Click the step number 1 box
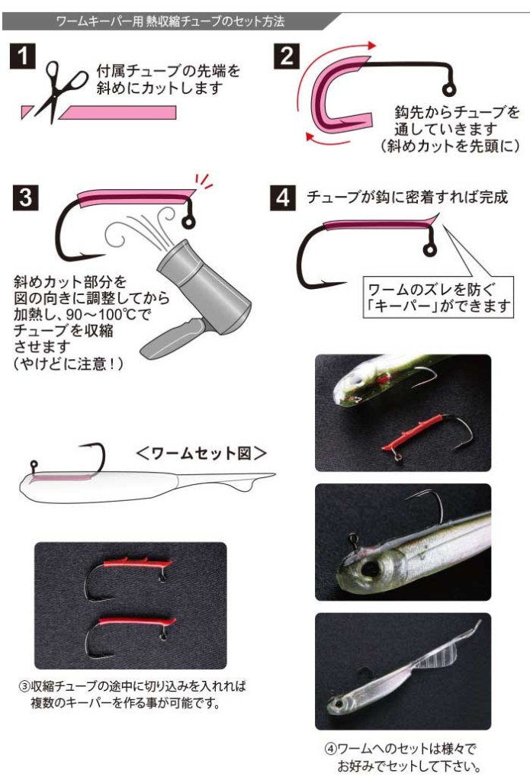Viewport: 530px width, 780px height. click(23, 56)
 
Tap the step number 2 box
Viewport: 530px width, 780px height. click(287, 56)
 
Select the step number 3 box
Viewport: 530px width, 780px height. click(25, 197)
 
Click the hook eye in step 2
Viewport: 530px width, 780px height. click(448, 89)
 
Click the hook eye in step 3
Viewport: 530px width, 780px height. click(188, 221)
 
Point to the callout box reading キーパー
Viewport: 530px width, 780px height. click(438, 297)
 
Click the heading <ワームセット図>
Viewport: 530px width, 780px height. click(201, 453)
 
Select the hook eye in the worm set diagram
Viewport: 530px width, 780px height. click(34, 466)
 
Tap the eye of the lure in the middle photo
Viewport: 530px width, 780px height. click(369, 569)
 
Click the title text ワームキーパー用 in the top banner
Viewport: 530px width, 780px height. click(99, 21)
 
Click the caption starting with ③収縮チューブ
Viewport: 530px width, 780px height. click(133, 695)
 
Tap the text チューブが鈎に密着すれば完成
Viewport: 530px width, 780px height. click(407, 197)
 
